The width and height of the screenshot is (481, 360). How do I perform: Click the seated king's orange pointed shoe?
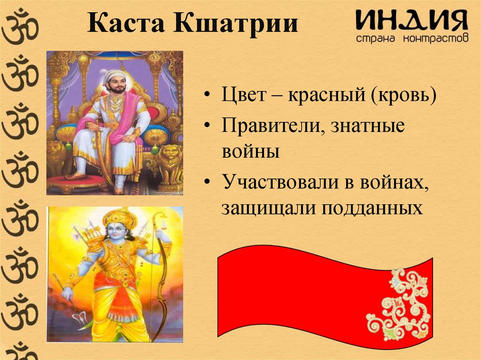(75, 176)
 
